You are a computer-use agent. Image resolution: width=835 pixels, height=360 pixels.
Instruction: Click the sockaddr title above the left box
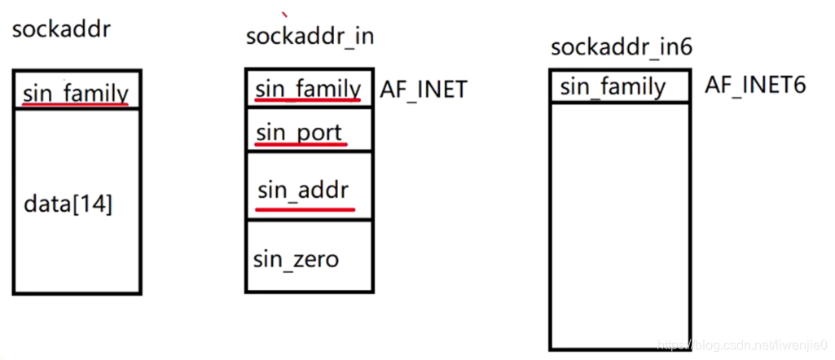(x=61, y=31)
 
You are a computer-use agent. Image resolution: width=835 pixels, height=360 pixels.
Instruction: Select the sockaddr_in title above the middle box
(x=310, y=36)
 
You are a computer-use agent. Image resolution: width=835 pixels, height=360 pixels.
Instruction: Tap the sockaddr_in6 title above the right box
(x=621, y=47)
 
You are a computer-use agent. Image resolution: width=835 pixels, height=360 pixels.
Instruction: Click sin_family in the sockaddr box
(x=76, y=93)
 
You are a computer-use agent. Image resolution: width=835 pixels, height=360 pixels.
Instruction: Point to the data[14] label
(x=68, y=204)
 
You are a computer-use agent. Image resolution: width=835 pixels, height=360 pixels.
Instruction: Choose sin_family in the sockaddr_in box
(x=308, y=88)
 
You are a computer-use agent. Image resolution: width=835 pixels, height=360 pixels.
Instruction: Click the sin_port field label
(x=299, y=131)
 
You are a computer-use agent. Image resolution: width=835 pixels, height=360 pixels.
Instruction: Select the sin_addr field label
(x=303, y=191)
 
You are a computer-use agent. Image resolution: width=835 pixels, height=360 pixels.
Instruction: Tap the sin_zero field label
(x=296, y=260)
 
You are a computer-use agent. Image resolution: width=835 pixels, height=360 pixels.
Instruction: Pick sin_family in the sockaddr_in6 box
(x=613, y=86)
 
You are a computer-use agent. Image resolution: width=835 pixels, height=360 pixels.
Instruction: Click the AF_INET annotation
(x=424, y=89)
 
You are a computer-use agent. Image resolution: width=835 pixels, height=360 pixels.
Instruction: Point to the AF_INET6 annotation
(x=755, y=84)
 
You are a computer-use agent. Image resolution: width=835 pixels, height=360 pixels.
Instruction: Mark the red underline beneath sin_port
(x=301, y=145)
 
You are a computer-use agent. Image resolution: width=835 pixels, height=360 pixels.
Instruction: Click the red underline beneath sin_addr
(x=305, y=208)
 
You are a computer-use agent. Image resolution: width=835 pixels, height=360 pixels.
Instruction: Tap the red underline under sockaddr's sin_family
(x=76, y=106)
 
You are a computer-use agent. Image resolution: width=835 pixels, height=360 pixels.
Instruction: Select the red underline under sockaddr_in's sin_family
(x=308, y=100)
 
